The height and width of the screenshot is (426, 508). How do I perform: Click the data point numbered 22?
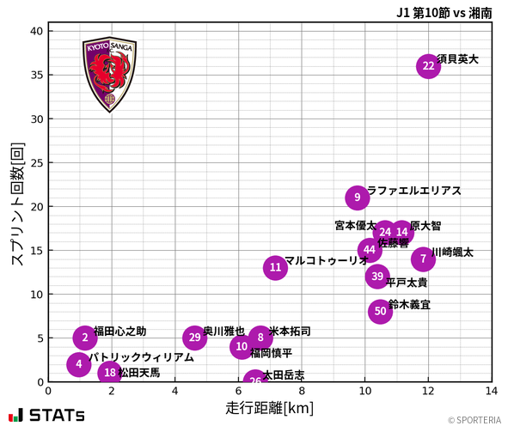point(428,66)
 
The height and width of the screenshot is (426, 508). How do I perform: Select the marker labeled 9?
point(358,198)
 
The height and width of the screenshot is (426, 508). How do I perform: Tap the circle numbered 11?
point(275,268)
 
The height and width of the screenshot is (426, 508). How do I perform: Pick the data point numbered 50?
point(380,311)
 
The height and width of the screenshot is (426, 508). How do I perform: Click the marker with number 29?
point(195,338)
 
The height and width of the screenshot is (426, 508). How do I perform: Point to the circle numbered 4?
point(79,364)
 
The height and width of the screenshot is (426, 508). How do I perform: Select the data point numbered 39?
point(377,277)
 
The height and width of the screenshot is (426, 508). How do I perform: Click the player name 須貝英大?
point(457,59)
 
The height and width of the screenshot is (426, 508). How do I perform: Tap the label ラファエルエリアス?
point(413,191)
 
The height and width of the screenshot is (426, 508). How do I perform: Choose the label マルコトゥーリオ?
point(326,260)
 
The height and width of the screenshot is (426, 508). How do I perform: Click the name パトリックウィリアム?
point(141,357)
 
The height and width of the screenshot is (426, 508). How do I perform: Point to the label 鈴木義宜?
point(409,304)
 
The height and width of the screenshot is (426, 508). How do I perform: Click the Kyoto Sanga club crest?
point(108,74)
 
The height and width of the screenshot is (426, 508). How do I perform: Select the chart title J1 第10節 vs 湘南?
point(444,12)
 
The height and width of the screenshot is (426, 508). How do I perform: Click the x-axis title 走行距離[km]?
point(269,407)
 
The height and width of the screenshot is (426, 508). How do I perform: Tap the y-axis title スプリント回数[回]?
point(15,203)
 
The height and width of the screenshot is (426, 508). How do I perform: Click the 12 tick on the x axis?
point(428,392)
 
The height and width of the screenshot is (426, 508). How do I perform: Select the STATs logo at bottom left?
point(46,415)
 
